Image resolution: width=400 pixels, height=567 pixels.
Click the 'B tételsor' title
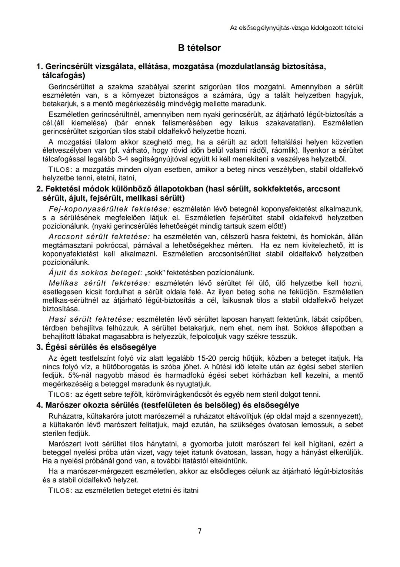pos(199,48)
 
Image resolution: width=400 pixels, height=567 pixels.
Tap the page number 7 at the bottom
pos(200,531)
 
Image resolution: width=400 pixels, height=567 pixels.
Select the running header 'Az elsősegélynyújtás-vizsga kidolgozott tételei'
pos(296,27)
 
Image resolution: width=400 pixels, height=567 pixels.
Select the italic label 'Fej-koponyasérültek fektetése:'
pos(109,209)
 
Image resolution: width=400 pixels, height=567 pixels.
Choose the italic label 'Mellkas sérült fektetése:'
pos(100,283)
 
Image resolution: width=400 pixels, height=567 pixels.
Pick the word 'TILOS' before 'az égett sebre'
pos(60,394)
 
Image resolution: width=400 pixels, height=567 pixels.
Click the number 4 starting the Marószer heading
pos(39,405)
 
